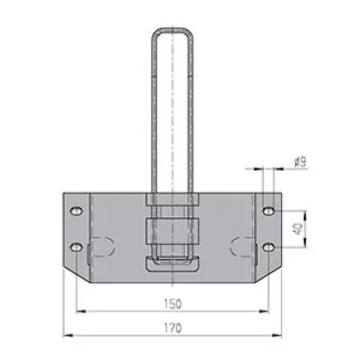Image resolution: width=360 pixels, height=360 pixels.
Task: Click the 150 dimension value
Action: click(173, 304)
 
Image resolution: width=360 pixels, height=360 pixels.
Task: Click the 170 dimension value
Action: click(173, 328)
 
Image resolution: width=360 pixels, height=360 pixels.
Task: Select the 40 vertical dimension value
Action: click(298, 229)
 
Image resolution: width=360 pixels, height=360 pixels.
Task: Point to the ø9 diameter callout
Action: click(300, 163)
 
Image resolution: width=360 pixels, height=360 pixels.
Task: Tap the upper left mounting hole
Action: click(76, 211)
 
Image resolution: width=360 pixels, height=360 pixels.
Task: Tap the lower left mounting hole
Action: click(76, 247)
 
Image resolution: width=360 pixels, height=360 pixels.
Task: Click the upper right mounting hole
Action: click(269, 210)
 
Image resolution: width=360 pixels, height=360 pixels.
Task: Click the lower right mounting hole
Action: click(269, 247)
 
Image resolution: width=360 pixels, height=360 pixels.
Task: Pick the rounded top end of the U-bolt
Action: click(172, 30)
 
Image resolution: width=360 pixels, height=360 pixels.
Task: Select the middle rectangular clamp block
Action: click(172, 231)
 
